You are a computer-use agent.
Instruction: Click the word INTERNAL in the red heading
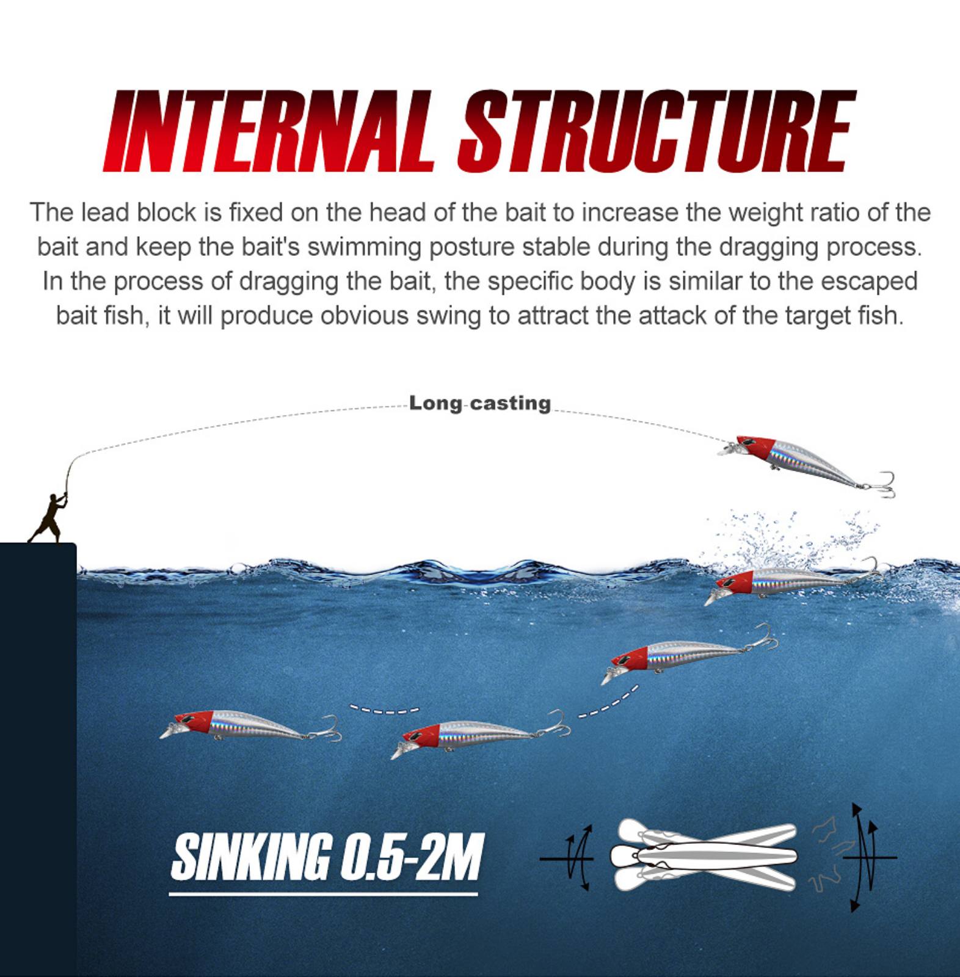(269, 131)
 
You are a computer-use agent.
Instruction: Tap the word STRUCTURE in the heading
(657, 131)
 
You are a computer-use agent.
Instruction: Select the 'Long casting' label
(480, 403)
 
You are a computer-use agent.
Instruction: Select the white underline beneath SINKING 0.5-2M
(323, 895)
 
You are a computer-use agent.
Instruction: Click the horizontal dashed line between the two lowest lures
(384, 710)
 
